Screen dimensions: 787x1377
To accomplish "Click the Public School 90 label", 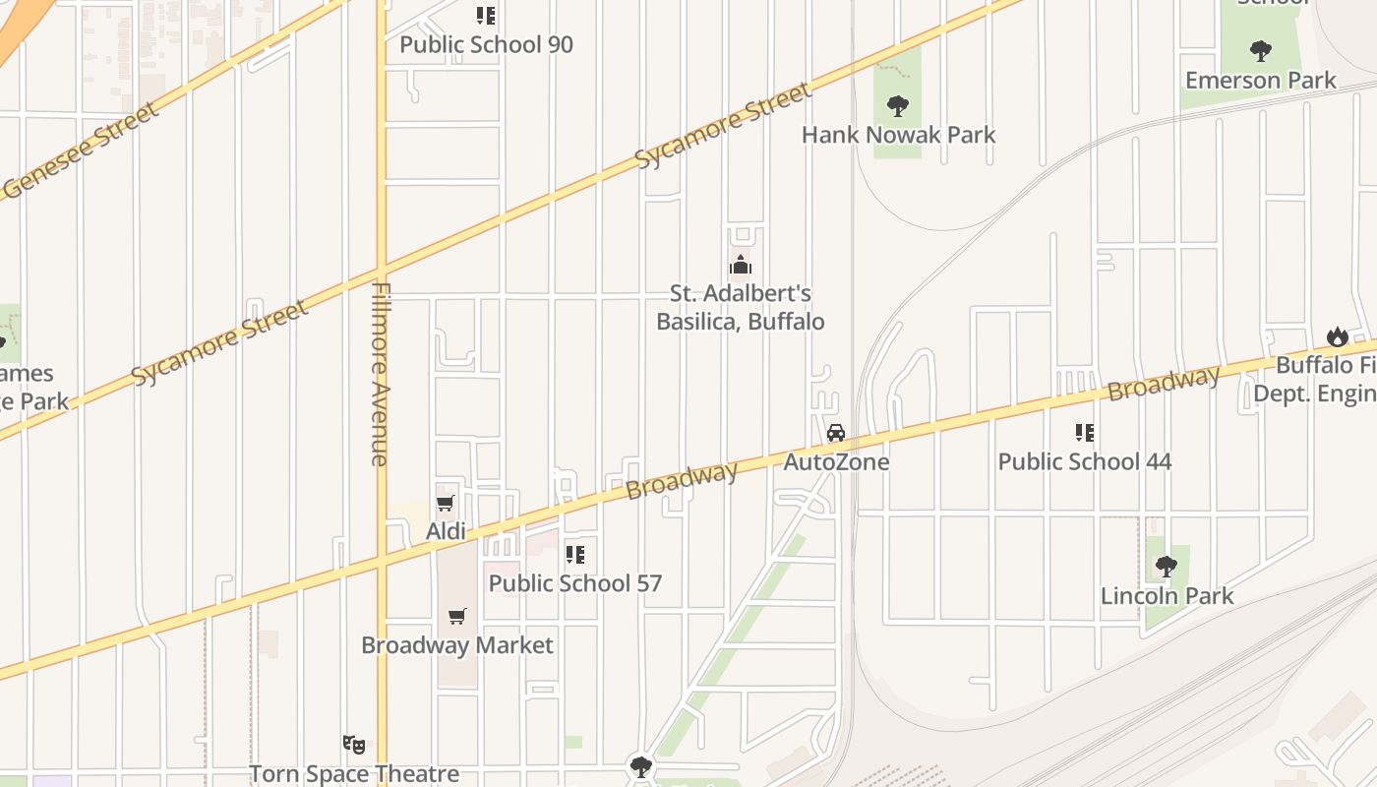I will [x=486, y=44].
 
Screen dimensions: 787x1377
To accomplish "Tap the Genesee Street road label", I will [x=81, y=150].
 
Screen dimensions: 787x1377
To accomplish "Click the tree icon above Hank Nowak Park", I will [x=897, y=105].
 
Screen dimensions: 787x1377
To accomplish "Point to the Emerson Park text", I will [x=1261, y=81].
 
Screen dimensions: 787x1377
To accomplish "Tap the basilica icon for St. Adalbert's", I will [x=740, y=265].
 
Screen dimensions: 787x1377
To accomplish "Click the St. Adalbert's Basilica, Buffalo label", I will [x=740, y=307].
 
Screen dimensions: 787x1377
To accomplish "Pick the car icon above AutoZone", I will [x=836, y=433].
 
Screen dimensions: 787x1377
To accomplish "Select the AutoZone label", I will [x=836, y=461].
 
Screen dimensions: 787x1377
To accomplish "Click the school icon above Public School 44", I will [x=1085, y=433].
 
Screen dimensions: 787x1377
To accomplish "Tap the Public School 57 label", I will [x=575, y=582].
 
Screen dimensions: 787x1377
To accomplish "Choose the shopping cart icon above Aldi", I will [x=446, y=504].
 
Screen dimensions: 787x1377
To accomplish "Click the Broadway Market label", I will [x=457, y=645].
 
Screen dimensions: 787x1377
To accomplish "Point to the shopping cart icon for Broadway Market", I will [x=457, y=617].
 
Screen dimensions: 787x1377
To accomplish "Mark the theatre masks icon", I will [x=354, y=745].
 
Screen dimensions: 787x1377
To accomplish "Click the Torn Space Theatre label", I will [x=354, y=774].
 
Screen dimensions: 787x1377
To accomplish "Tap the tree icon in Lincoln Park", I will [x=1167, y=567].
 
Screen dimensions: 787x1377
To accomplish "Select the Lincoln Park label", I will [x=1167, y=595].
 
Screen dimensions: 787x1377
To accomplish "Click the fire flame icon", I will [x=1337, y=336].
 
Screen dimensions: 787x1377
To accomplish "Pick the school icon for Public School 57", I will [x=575, y=555].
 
